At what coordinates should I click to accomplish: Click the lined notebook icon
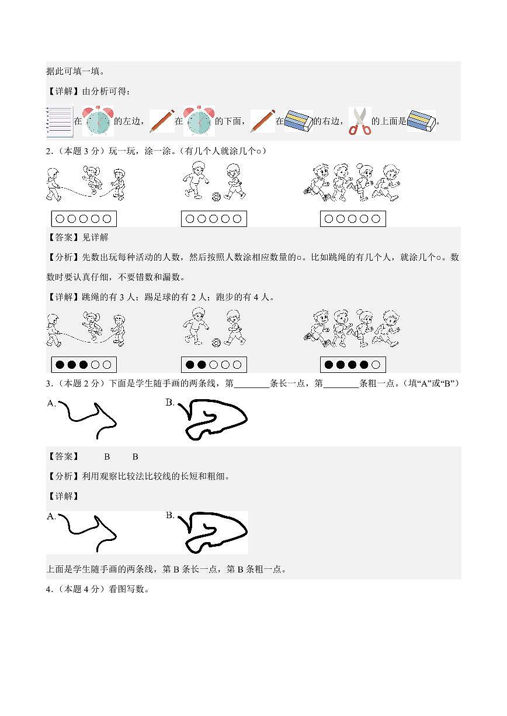point(59,121)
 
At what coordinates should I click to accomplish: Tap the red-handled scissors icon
point(360,121)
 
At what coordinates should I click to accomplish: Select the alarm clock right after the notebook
point(98,121)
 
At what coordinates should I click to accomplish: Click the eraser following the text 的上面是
point(421,121)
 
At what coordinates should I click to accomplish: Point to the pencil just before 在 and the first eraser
point(262,121)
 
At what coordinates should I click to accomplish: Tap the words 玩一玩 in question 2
point(120,151)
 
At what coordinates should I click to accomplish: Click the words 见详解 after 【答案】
point(94,237)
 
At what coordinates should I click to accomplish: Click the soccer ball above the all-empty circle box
point(216,197)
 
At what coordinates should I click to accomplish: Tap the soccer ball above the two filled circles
point(216,343)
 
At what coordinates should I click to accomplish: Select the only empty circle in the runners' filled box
point(376,365)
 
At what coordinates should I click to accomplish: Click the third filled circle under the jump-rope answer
point(84,365)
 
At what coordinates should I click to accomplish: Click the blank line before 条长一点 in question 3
point(251,384)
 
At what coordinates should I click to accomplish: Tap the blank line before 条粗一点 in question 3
point(341,384)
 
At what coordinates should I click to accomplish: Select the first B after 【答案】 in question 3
point(107,456)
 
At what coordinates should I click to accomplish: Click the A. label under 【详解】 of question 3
point(51,516)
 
